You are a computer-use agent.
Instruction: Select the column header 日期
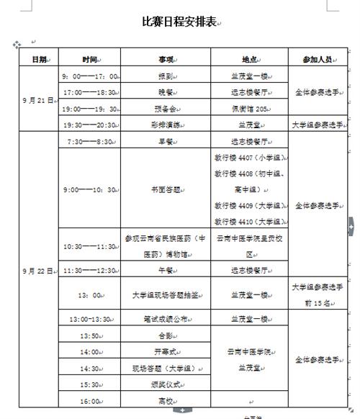pyautogui.click(x=39, y=58)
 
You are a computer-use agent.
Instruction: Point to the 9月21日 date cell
pyautogui.click(x=38, y=101)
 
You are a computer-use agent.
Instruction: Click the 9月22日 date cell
pyautogui.click(x=38, y=271)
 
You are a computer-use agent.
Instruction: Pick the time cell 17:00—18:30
pyautogui.click(x=90, y=92)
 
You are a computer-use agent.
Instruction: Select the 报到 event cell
pyautogui.click(x=166, y=76)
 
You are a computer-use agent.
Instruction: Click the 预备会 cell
pyautogui.click(x=166, y=109)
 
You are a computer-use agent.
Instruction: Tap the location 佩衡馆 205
pyautogui.click(x=250, y=109)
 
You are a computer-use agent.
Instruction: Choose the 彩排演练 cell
pyautogui.click(x=166, y=125)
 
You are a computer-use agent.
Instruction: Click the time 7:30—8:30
pyautogui.click(x=90, y=142)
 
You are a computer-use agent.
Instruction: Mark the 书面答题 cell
pyautogui.click(x=166, y=190)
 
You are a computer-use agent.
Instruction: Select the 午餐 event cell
pyautogui.click(x=166, y=270)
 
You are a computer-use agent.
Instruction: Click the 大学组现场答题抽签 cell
pyautogui.click(x=166, y=294)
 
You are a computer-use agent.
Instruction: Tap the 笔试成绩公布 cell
pyautogui.click(x=166, y=319)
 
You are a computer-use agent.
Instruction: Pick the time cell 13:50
pyautogui.click(x=90, y=335)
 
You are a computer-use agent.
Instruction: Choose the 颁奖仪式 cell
pyautogui.click(x=166, y=384)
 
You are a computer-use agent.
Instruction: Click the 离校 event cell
pyautogui.click(x=166, y=401)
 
